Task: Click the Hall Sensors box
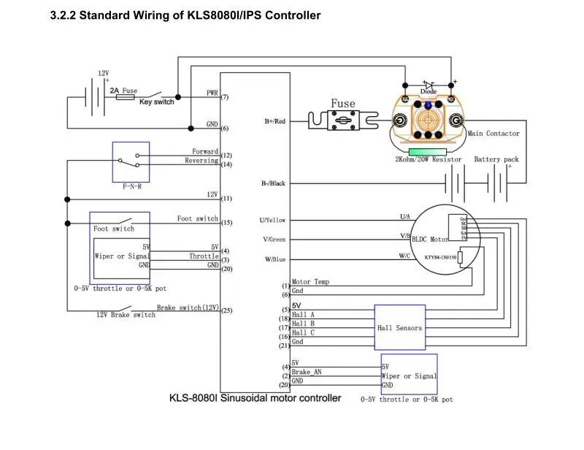coord(399,328)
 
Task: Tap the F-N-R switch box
coord(131,161)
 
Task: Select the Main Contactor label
coord(493,134)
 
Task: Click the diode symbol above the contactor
coord(429,85)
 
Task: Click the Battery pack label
coord(496,159)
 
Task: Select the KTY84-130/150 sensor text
coord(440,257)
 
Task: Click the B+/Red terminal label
coord(274,121)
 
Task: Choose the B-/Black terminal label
coord(273,183)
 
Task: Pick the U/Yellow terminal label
coord(272,220)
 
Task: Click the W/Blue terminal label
coord(274,259)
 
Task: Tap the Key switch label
coord(156,102)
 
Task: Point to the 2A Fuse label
coord(123,91)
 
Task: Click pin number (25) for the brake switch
coord(226,310)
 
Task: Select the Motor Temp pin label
coord(310,282)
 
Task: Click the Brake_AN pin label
coord(307,372)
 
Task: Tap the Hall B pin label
coord(303,323)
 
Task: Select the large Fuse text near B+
coord(342,104)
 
